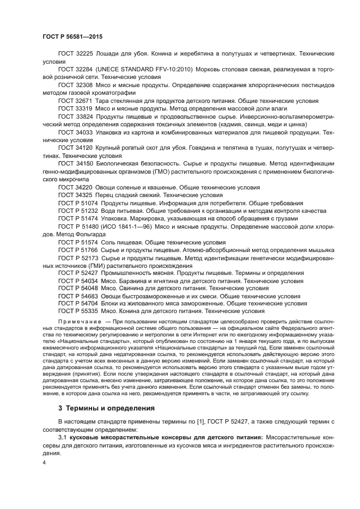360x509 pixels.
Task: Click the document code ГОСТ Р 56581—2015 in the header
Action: coord(72,36)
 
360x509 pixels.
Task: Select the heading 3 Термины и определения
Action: coord(106,408)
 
